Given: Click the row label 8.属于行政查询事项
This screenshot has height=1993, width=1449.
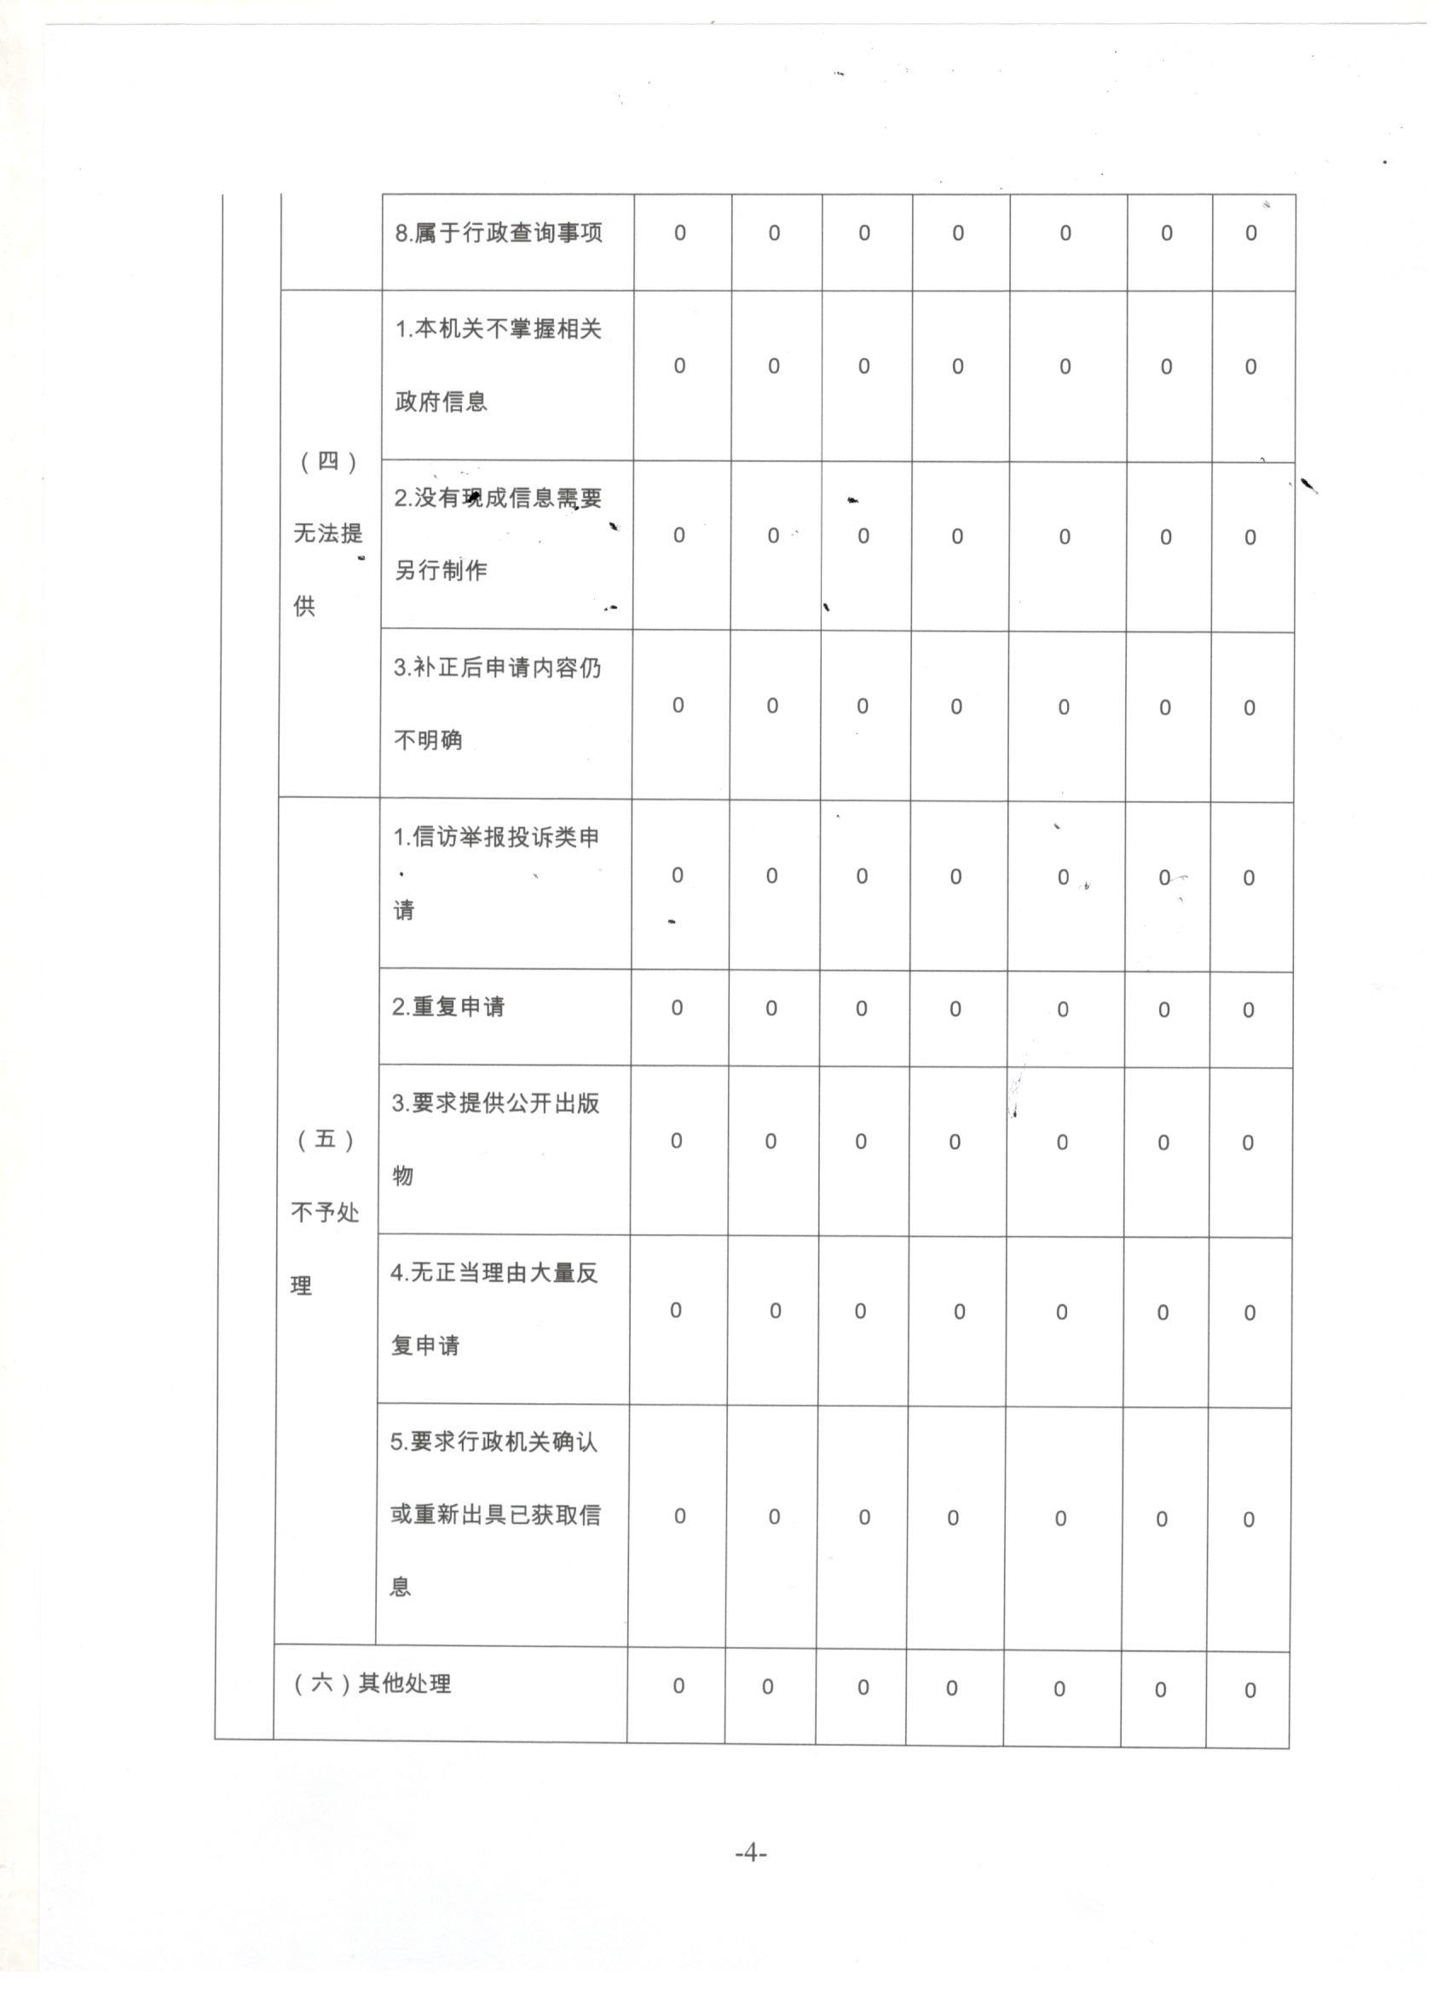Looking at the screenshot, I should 499,233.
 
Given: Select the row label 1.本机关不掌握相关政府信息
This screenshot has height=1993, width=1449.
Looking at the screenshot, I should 499,365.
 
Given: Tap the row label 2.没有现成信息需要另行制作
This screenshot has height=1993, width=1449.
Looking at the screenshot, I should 498,534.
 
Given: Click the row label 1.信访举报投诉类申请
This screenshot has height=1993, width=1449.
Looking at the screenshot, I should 495,874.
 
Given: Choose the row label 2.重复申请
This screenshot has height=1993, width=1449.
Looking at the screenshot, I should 448,1007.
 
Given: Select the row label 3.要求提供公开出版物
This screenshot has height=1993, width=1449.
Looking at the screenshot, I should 495,1140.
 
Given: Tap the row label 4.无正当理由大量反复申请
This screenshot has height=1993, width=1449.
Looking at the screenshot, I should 494,1309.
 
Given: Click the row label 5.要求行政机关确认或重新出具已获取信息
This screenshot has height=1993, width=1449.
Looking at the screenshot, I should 494,1515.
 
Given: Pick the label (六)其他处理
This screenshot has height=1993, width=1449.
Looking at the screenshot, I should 372,1684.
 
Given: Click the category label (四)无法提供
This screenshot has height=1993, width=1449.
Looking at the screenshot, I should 327,534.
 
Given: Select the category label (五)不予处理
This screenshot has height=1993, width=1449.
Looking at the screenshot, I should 324,1213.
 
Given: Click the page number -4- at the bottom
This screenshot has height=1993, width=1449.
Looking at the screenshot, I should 750,1853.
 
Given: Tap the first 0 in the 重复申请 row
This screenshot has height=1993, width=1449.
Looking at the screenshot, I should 677,1008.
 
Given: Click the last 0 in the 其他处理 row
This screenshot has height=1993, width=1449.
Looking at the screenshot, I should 1250,1690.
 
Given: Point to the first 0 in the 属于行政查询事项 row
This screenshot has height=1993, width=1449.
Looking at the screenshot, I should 680,233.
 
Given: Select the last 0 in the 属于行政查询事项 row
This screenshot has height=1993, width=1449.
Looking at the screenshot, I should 1251,233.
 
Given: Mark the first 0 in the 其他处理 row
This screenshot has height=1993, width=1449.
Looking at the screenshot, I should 678,1685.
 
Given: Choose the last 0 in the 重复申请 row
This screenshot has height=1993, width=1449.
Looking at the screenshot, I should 1248,1010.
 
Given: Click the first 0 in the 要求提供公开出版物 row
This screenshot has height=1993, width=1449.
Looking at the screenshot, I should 677,1141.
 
